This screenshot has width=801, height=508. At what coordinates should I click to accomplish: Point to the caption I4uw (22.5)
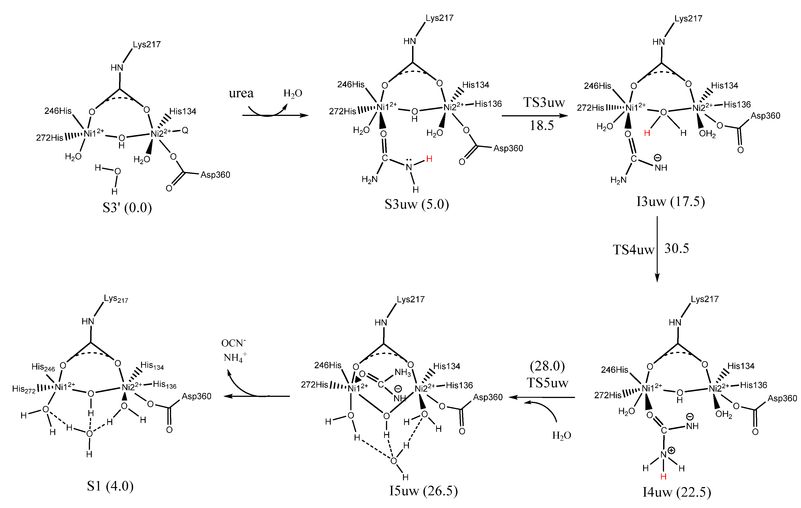[x=677, y=492]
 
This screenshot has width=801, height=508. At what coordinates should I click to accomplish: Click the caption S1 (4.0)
[x=110, y=486]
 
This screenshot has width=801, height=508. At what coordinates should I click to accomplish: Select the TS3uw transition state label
[x=544, y=102]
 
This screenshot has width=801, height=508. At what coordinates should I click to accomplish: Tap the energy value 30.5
[x=677, y=248]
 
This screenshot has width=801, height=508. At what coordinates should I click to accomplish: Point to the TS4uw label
[x=633, y=250]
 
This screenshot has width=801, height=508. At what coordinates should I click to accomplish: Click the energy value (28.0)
[x=547, y=366]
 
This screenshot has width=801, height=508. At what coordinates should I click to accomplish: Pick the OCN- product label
[x=234, y=343]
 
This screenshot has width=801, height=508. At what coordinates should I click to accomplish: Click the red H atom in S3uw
[x=429, y=159]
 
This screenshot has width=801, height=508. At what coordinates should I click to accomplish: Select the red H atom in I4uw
[x=663, y=477]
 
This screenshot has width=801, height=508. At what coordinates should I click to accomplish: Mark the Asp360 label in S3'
[x=215, y=175]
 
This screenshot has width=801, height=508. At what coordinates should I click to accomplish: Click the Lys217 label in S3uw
[x=439, y=18]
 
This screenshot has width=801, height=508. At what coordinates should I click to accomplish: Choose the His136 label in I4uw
[x=754, y=385]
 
